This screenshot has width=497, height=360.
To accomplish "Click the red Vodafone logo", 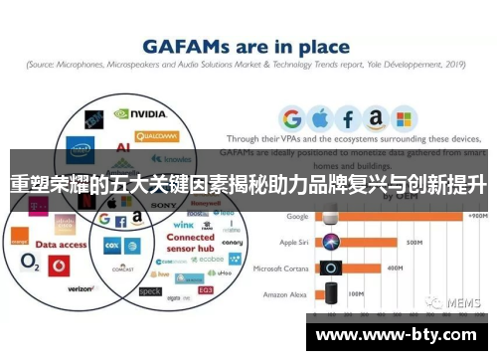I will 58,267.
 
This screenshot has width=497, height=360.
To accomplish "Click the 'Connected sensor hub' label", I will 190,245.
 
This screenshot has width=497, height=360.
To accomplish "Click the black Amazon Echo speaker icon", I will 330,294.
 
